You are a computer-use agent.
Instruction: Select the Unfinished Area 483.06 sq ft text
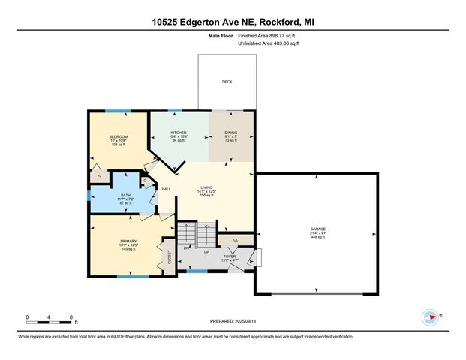pyautogui.click(x=268, y=44)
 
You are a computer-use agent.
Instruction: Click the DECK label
pyautogui.click(x=227, y=82)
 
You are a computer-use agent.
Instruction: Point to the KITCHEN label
pyautogui.click(x=179, y=133)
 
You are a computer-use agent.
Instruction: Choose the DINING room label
pyautogui.click(x=231, y=133)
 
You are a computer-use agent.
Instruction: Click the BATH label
pyautogui.click(x=126, y=196)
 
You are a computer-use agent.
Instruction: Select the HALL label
pyautogui.click(x=167, y=189)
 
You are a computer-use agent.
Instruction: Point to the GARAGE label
pyautogui.click(x=318, y=229)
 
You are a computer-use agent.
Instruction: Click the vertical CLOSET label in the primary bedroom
pyautogui.click(x=170, y=258)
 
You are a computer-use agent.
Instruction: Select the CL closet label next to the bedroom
pyautogui.click(x=100, y=177)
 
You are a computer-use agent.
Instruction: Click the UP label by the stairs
pyautogui.click(x=206, y=252)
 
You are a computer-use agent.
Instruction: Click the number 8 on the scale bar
pyautogui.click(x=70, y=317)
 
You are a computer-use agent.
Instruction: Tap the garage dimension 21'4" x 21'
pyautogui.click(x=318, y=233)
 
